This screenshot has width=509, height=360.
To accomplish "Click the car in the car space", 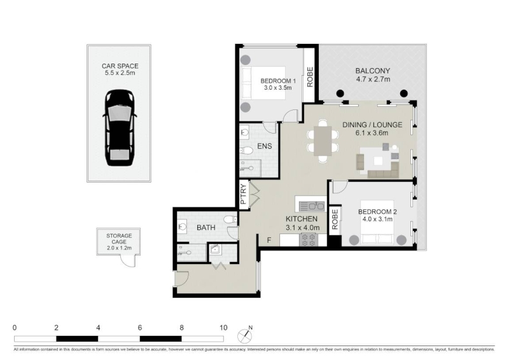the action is click(120, 128).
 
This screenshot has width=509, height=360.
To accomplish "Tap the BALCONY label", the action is click(373, 71).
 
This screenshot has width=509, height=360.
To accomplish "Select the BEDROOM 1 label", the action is click(278, 81).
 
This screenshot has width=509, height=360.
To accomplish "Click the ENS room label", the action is click(264, 146).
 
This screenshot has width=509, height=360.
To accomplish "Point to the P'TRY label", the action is click(244, 194).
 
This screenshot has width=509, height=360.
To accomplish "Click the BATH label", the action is click(206, 228).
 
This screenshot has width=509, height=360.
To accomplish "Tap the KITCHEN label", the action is click(301, 219).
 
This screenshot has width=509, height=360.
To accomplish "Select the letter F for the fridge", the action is click(268, 240).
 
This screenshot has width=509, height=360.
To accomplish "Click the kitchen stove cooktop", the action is click(309, 240).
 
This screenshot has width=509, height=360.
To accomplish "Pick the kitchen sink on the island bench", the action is click(312, 206).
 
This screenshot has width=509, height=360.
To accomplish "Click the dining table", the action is click(323, 140).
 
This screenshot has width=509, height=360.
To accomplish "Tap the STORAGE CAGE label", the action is click(119, 239).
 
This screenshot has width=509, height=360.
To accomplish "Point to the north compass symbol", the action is click(245, 335).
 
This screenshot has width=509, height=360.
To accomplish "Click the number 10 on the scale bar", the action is click(223, 328).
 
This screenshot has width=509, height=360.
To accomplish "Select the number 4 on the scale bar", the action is click(98, 328).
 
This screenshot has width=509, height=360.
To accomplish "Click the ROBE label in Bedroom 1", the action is click(310, 77).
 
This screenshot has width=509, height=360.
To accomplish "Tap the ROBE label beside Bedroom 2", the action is click(335, 219).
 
